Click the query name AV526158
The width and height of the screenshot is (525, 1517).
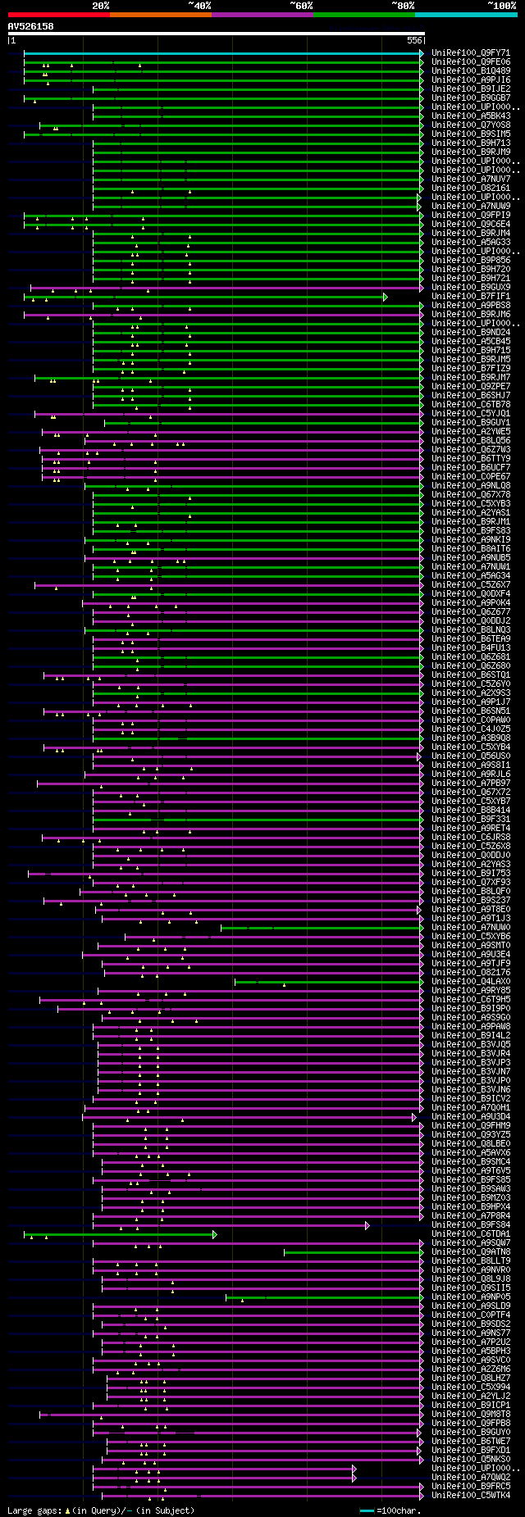coord(30,26)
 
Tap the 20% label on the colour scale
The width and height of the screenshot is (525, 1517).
coord(100,6)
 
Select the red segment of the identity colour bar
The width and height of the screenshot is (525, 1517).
coord(58,15)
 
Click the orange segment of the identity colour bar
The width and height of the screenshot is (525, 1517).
coord(160,15)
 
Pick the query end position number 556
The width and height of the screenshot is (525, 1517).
coord(414,40)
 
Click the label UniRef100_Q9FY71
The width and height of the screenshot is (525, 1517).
coord(471,53)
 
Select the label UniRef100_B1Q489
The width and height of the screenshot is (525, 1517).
coord(471,71)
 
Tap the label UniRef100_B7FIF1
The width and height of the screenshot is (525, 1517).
coord(471,297)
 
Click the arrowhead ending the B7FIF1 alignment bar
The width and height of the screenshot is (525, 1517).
coord(385,297)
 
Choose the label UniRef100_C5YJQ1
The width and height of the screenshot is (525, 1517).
coord(471,414)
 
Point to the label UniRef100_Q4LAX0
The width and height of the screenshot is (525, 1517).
coord(471,982)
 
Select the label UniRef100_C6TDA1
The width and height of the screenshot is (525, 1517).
coord(471,1234)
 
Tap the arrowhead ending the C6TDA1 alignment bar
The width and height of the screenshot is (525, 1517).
coord(215,1234)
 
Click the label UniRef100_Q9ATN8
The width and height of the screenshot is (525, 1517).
coord(471,1252)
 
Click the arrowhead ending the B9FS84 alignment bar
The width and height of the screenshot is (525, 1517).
coord(367,1225)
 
